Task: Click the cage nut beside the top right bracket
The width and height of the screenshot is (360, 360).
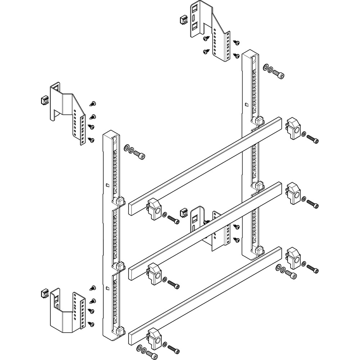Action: point(183,19)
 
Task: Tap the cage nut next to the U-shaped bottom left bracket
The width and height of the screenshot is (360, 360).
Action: point(45,292)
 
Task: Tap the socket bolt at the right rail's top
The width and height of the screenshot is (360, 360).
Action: point(279,73)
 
